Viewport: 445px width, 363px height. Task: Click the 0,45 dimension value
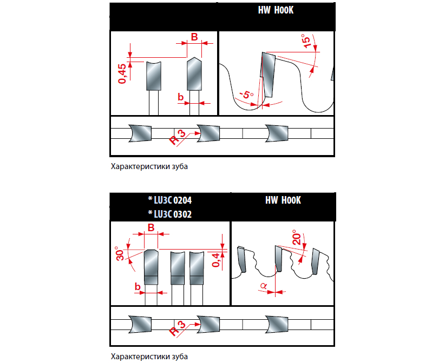[122, 73]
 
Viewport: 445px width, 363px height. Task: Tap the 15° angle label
[306, 41]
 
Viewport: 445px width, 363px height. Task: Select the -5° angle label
[246, 95]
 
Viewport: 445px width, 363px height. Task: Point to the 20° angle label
[297, 237]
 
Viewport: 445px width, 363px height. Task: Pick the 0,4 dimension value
[216, 260]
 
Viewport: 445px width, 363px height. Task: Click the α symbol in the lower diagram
[263, 286]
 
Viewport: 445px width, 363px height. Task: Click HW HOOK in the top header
[276, 10]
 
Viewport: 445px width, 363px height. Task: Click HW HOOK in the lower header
[283, 200]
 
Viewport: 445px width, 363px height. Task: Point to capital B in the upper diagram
[194, 37]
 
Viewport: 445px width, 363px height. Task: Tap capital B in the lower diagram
[151, 227]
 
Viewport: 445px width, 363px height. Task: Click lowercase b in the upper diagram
[181, 97]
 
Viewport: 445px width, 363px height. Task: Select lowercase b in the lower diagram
[138, 287]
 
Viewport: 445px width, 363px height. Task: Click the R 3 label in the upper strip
[178, 137]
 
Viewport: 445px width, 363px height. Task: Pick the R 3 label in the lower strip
[178, 328]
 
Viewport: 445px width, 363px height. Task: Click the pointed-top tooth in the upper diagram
[194, 73]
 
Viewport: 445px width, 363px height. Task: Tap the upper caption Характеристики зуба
[149, 166]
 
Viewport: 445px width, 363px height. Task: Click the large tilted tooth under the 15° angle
[268, 75]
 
